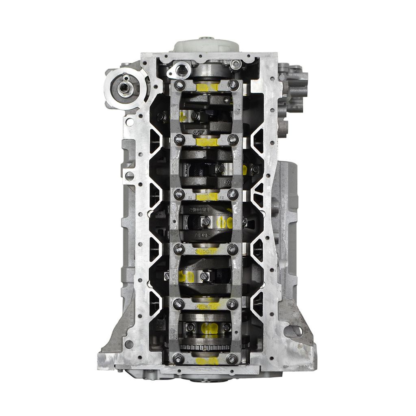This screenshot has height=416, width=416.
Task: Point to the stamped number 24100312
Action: pos(206,252)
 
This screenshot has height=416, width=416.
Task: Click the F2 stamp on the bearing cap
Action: pos(222,197)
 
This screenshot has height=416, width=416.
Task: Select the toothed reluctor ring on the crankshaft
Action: pos(205,347)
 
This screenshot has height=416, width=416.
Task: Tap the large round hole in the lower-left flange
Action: pos(129,344)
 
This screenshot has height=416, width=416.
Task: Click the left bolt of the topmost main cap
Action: pos(179,85)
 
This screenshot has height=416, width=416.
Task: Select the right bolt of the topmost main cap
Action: pos(233,84)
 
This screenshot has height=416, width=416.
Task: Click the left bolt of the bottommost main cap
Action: pos(178,358)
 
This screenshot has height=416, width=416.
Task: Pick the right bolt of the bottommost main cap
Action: pos(232,358)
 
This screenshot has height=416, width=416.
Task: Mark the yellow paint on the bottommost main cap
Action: pos(206,360)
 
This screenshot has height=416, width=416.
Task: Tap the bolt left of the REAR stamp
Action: pos(179,303)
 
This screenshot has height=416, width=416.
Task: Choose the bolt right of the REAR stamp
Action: pos(232,303)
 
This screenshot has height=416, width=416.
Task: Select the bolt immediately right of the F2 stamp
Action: pos(233,194)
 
